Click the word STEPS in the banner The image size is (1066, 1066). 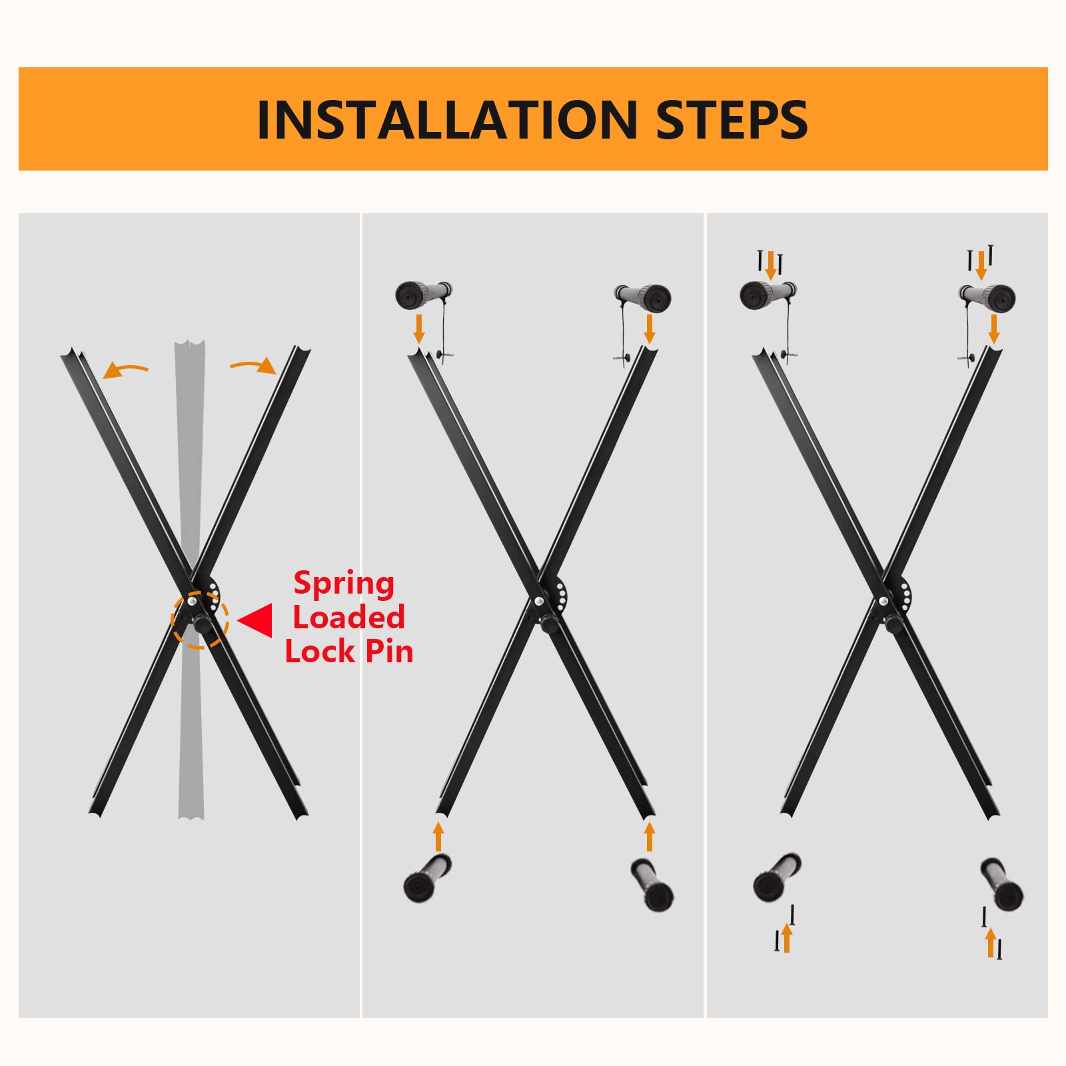732,120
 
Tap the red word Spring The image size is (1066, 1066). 344,584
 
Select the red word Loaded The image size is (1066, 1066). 348,618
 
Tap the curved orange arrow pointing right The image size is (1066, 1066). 254,365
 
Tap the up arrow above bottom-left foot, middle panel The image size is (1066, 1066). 438,836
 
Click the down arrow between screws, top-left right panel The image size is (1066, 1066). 770,265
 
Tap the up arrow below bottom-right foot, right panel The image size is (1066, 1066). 991,941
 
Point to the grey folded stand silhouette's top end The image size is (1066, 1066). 190,350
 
